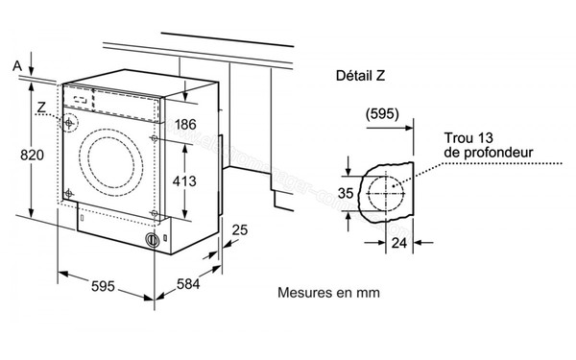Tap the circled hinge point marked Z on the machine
70,123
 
